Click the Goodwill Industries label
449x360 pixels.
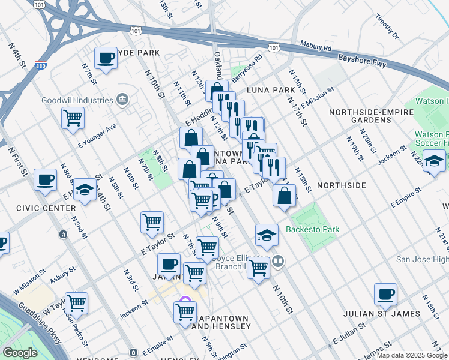click(78, 101)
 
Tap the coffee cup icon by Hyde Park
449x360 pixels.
click(106, 58)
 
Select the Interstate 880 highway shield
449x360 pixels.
click(41, 65)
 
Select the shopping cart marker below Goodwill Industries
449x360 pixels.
click(73, 118)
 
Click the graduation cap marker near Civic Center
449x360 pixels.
click(85, 190)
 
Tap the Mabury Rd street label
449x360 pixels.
click(320, 47)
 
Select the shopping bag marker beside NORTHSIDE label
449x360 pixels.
click(285, 195)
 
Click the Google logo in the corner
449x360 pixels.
click(20, 353)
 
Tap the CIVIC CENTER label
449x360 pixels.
click(25, 209)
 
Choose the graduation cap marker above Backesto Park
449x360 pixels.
click(267, 235)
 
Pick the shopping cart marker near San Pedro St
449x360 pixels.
click(77, 303)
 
